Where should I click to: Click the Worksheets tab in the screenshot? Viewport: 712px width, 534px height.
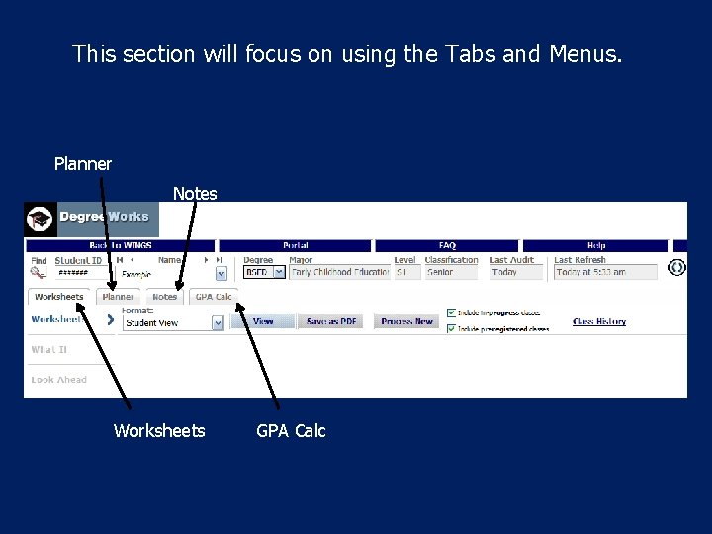pyautogui.click(x=59, y=297)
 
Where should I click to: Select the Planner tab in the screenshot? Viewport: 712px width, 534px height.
pyautogui.click(x=119, y=297)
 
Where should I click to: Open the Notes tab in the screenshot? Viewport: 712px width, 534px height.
pyautogui.click(x=165, y=297)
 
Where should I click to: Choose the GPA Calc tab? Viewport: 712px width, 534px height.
pyautogui.click(x=214, y=297)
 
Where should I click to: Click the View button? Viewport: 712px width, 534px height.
pyautogui.click(x=263, y=322)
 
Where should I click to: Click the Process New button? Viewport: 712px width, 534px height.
pyautogui.click(x=407, y=322)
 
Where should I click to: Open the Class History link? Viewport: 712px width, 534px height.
pyautogui.click(x=599, y=322)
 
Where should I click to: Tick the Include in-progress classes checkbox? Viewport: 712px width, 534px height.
pyautogui.click(x=451, y=312)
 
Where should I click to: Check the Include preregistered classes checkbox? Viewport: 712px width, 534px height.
pyautogui.click(x=451, y=328)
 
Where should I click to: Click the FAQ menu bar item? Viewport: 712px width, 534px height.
pyautogui.click(x=447, y=245)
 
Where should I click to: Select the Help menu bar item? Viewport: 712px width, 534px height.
pyautogui.click(x=596, y=245)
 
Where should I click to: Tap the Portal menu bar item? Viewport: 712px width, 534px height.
pyautogui.click(x=295, y=245)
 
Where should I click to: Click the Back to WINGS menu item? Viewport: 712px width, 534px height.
pyautogui.click(x=122, y=245)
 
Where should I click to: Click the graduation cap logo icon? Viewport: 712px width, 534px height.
pyautogui.click(x=40, y=219)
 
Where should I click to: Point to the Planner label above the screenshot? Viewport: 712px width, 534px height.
pyautogui.click(x=83, y=164)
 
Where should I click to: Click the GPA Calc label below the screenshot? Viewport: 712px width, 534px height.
pyautogui.click(x=291, y=431)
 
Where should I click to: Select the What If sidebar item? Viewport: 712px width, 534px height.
pyautogui.click(x=49, y=350)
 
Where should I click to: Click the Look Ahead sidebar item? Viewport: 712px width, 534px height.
pyautogui.click(x=58, y=380)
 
